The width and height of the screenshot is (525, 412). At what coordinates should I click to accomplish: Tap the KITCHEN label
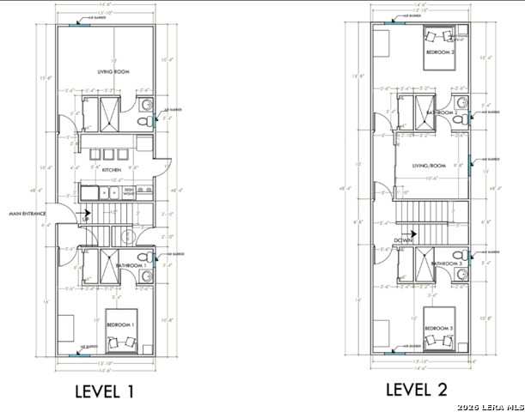[112, 171]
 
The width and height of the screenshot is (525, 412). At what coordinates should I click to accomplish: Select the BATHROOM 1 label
[131, 266]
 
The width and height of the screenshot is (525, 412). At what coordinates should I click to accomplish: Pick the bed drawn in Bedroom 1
[120, 330]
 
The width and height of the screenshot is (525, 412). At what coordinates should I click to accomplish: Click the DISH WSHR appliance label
[130, 192]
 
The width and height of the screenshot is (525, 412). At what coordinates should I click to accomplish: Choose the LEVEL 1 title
[104, 392]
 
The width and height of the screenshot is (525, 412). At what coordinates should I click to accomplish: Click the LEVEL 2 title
[417, 390]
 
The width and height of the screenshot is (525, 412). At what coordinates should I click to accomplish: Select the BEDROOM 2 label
[439, 52]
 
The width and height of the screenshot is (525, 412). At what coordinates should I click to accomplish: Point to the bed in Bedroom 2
[440, 45]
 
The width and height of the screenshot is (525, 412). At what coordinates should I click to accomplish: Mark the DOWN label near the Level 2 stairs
[404, 241]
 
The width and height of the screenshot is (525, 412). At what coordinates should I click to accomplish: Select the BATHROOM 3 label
[447, 264]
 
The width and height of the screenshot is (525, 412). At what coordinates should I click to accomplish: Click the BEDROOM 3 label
[438, 329]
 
